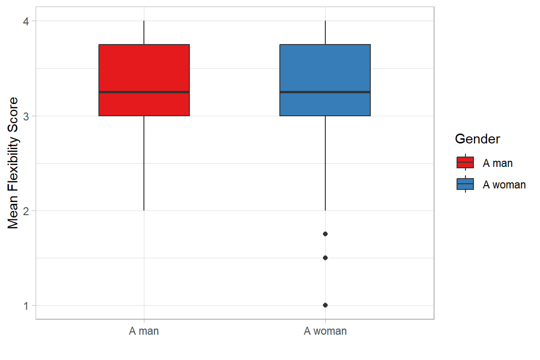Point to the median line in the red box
tap(144, 92)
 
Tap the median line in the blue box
tap(325, 92)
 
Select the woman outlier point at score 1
tap(325, 305)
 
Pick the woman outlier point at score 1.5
tap(325, 258)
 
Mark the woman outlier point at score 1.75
tap(325, 234)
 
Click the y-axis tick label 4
tap(26, 21)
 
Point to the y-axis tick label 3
tap(26, 116)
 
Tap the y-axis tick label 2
tap(26, 210)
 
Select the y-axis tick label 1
tap(26, 305)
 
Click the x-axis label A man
tap(144, 331)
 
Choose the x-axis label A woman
tap(325, 331)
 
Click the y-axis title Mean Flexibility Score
tap(14, 163)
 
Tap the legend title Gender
tap(477, 139)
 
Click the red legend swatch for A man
tap(465, 163)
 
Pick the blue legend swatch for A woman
tap(465, 184)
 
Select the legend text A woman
tap(504, 185)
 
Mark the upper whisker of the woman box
tap(325, 33)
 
